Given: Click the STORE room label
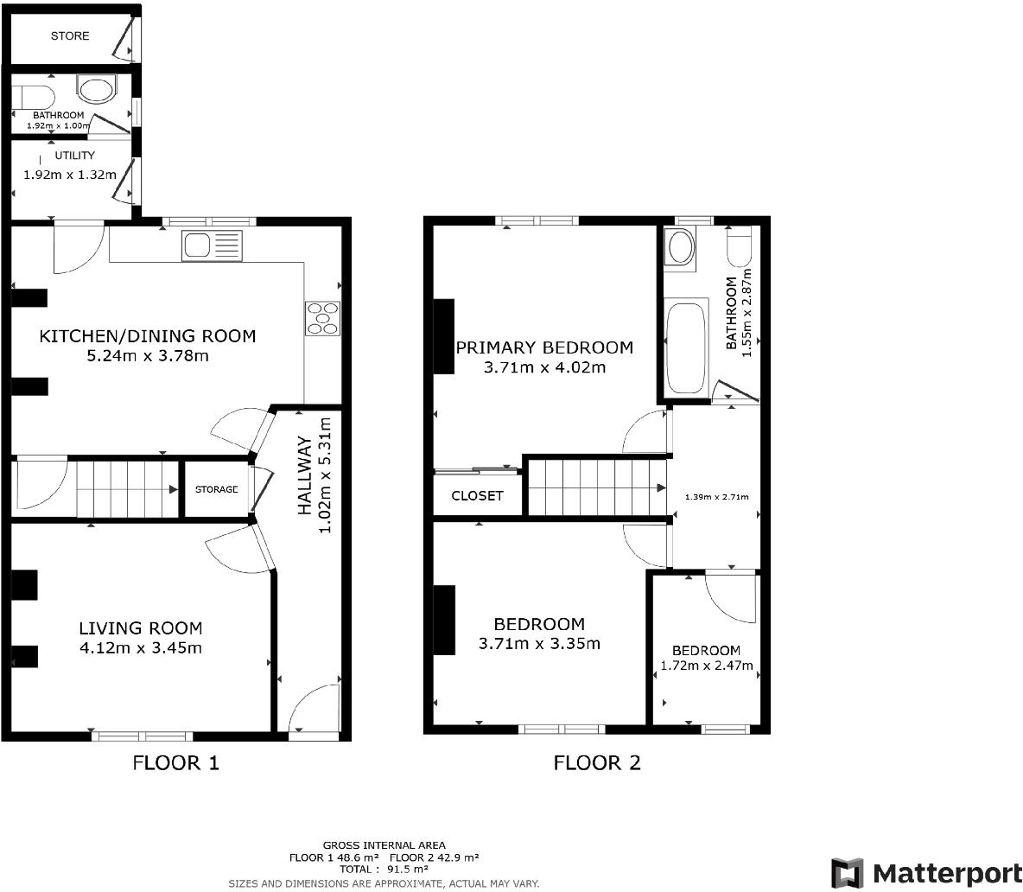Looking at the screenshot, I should point(69,35).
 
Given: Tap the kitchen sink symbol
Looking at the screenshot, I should point(212,245).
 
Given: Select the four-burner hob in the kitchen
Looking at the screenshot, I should point(322,317).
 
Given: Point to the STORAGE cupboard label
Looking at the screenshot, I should point(215,490).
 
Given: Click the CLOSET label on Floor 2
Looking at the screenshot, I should point(477,496).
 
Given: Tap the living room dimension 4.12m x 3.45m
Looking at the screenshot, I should point(140,647).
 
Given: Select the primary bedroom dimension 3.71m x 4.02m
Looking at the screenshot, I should point(543,367).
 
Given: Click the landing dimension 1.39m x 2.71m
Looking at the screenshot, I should point(716,497).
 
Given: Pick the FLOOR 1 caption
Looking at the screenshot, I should point(175,762).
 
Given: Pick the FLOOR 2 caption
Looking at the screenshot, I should point(597,762).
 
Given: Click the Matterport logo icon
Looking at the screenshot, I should point(847,872).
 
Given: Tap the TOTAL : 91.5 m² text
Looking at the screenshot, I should point(384,869).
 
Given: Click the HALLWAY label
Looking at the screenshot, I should point(305,475).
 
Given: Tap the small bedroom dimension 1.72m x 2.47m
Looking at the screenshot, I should point(706,666).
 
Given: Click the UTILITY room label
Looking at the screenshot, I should point(74,156).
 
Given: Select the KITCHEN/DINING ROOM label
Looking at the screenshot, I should point(148,336).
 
